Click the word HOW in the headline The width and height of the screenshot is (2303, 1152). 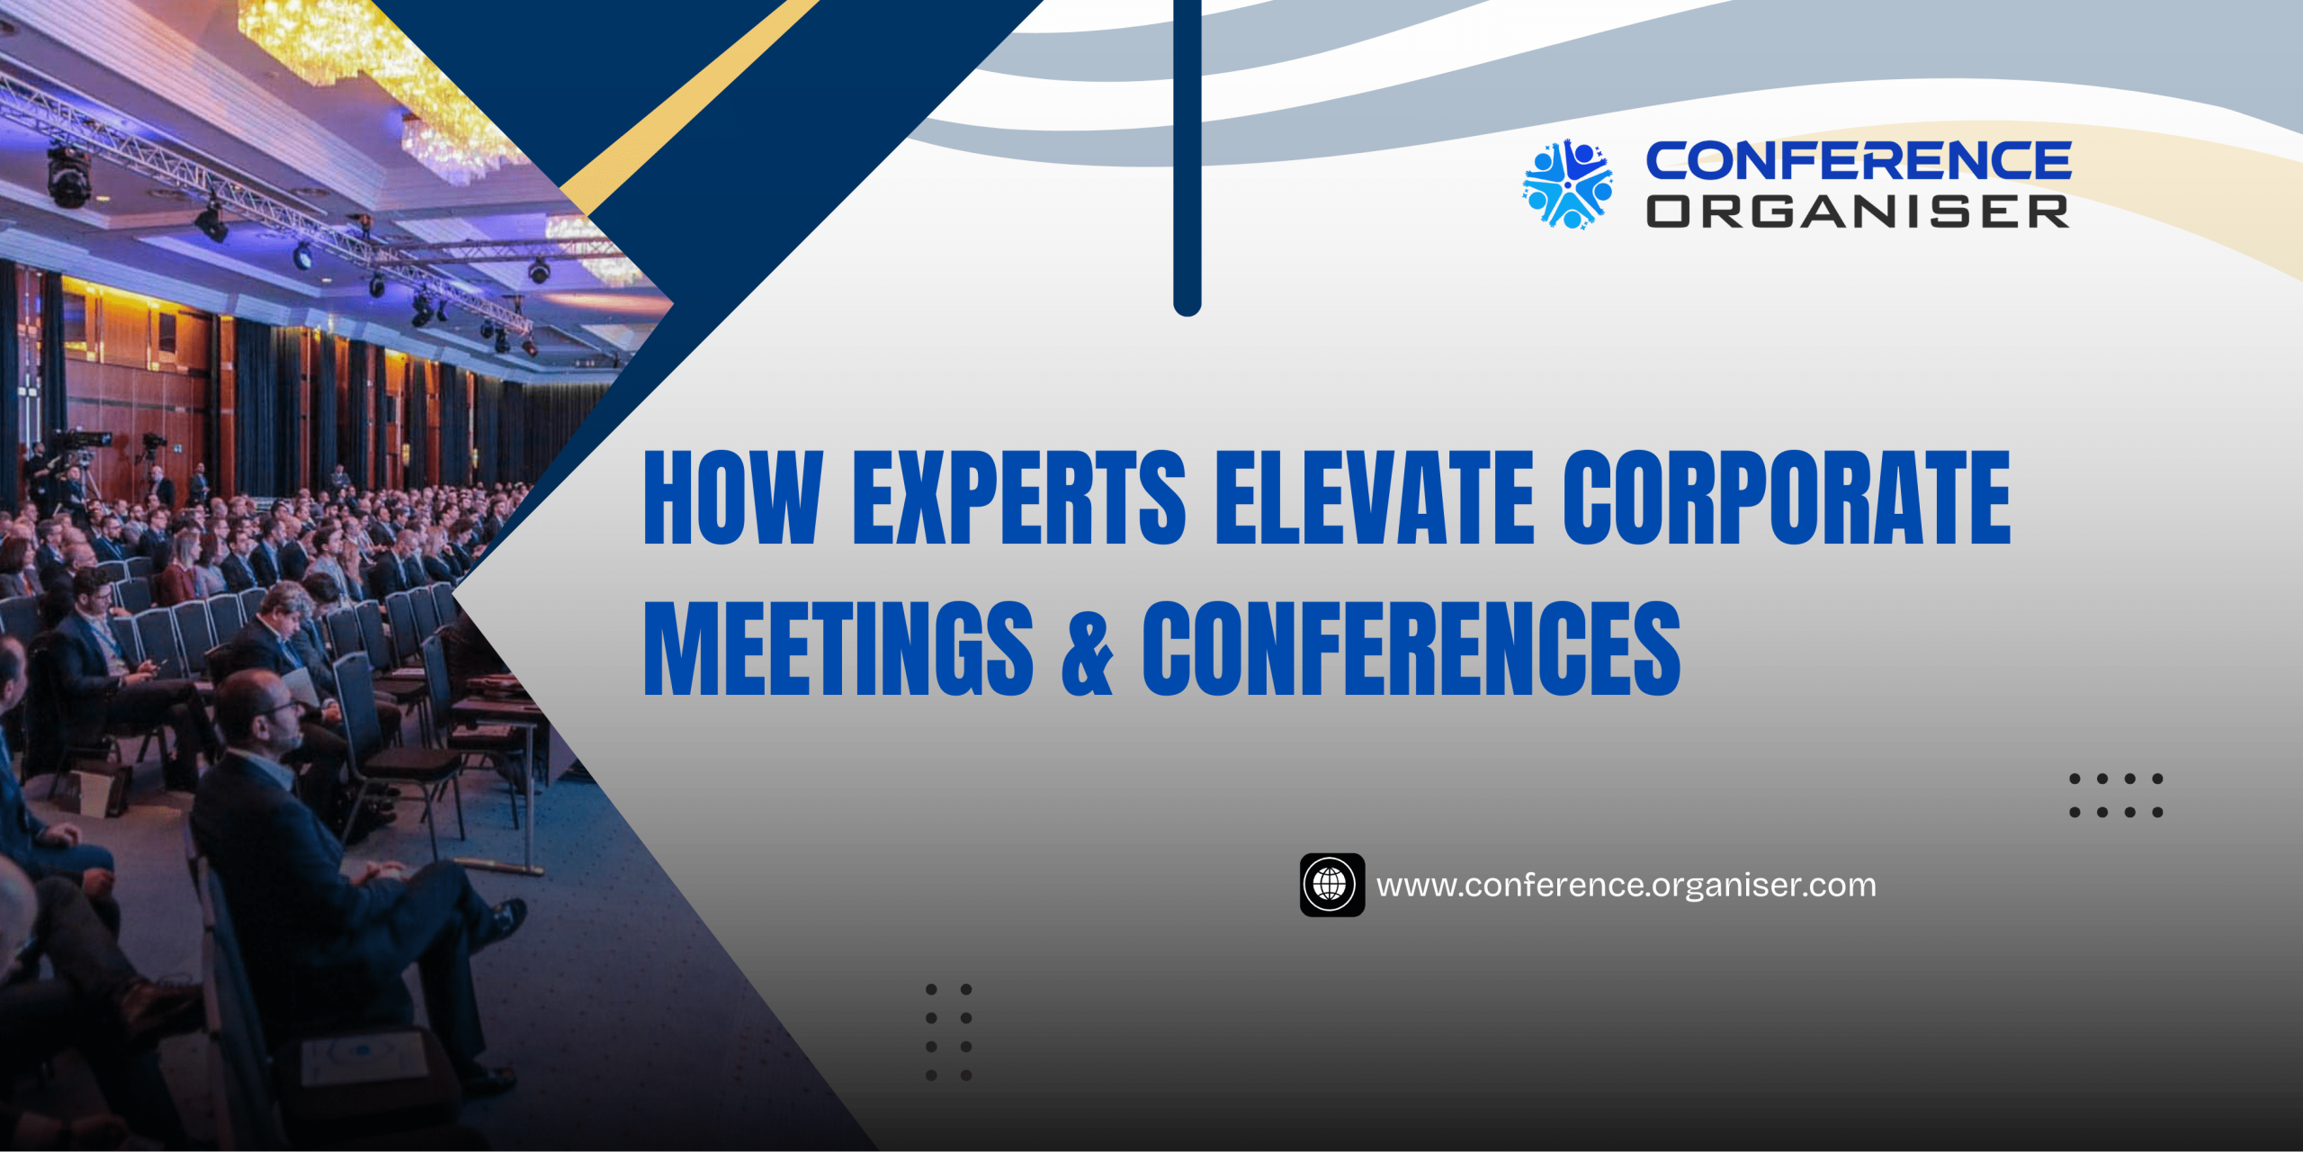(733, 497)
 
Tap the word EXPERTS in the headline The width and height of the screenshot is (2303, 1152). (1019, 497)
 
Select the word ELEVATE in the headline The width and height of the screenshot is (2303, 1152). (1375, 497)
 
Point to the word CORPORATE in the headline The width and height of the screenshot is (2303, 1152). (1787, 497)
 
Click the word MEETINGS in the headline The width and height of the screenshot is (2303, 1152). (838, 648)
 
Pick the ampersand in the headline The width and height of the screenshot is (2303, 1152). (1088, 652)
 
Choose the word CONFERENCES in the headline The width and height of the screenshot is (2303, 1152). (1411, 648)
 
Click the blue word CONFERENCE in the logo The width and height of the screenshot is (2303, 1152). (1859, 161)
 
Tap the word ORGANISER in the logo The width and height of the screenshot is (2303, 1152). (1858, 211)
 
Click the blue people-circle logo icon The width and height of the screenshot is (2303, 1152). (1567, 184)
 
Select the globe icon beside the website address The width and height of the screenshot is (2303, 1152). (1331, 885)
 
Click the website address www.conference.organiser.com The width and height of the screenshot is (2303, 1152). (1626, 886)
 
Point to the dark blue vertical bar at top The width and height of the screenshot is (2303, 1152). (1187, 157)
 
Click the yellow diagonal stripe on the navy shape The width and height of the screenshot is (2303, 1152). (689, 106)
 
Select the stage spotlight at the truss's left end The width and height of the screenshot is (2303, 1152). (69, 175)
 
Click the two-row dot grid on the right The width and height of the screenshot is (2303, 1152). (2116, 796)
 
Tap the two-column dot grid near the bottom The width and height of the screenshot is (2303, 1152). (948, 1032)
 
